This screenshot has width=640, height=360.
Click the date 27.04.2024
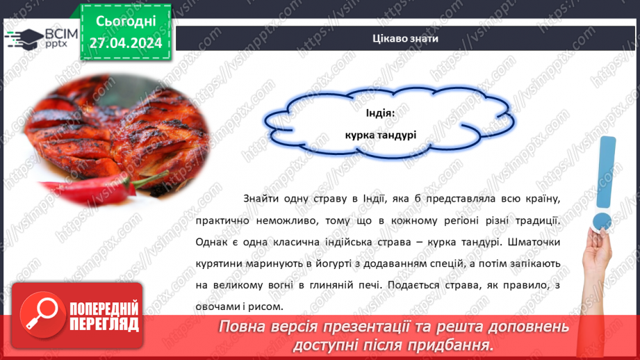[x=125, y=43]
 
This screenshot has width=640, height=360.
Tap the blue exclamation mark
[x=607, y=184]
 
